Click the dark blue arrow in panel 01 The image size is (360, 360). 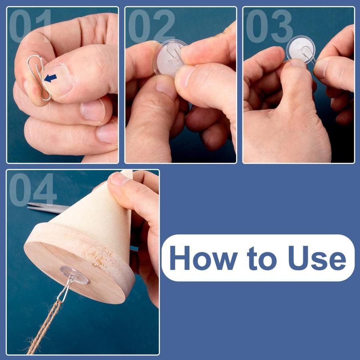[x=50, y=78]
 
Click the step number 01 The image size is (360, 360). [x=30, y=26]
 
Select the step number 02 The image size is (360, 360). [x=152, y=26]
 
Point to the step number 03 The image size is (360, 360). [x=269, y=26]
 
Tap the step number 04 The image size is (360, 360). [x=33, y=190]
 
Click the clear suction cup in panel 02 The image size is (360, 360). [x=169, y=58]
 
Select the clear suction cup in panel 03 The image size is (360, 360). [x=300, y=50]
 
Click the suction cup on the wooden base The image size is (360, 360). [x=74, y=275]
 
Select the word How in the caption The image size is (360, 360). [x=204, y=258]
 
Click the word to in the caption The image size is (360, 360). [x=262, y=259]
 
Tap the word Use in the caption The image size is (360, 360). [x=317, y=258]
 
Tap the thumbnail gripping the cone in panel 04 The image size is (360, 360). [x=119, y=179]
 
